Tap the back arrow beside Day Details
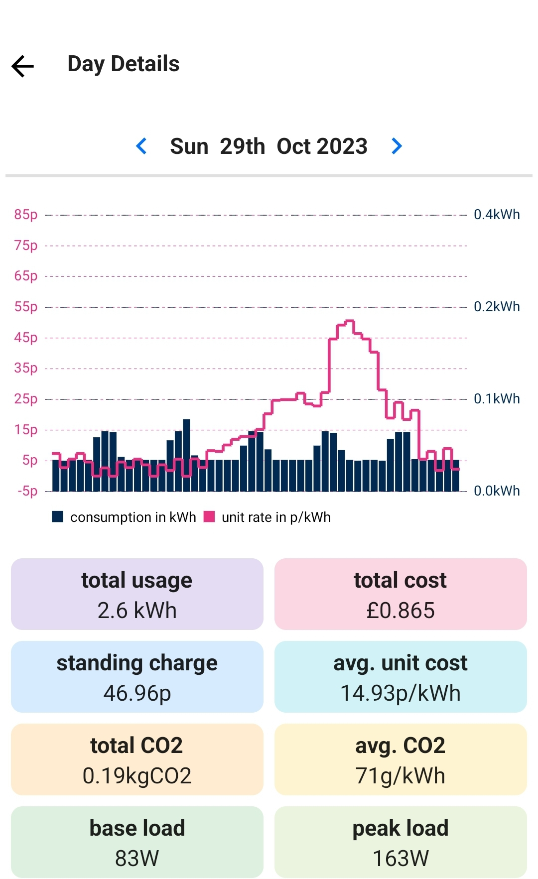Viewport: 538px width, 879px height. point(22,66)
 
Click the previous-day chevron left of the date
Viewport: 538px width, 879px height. point(141,146)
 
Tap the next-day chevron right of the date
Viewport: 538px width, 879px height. point(397,146)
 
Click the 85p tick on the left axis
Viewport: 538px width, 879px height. point(26,215)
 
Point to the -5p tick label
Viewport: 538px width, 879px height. point(27,491)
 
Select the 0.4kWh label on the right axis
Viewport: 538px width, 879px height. point(496,215)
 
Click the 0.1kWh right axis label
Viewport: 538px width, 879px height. point(496,399)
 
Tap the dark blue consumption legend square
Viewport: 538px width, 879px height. point(58,516)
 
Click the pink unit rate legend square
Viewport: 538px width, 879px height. point(209,516)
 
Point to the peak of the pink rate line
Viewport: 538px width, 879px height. point(349,321)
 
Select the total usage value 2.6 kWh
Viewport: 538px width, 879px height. point(137,611)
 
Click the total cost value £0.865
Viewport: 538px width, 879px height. point(401,611)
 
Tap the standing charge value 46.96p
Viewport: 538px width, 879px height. point(137,693)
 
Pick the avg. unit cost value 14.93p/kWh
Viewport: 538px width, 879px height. point(401,693)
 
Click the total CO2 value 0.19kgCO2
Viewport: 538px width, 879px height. point(137,776)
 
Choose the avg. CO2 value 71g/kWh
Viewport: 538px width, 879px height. point(401,776)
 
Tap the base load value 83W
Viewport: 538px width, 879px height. point(137,859)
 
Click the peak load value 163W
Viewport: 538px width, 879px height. point(401,859)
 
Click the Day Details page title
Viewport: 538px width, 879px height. point(123,64)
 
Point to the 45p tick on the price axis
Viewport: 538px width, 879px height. point(26,338)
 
